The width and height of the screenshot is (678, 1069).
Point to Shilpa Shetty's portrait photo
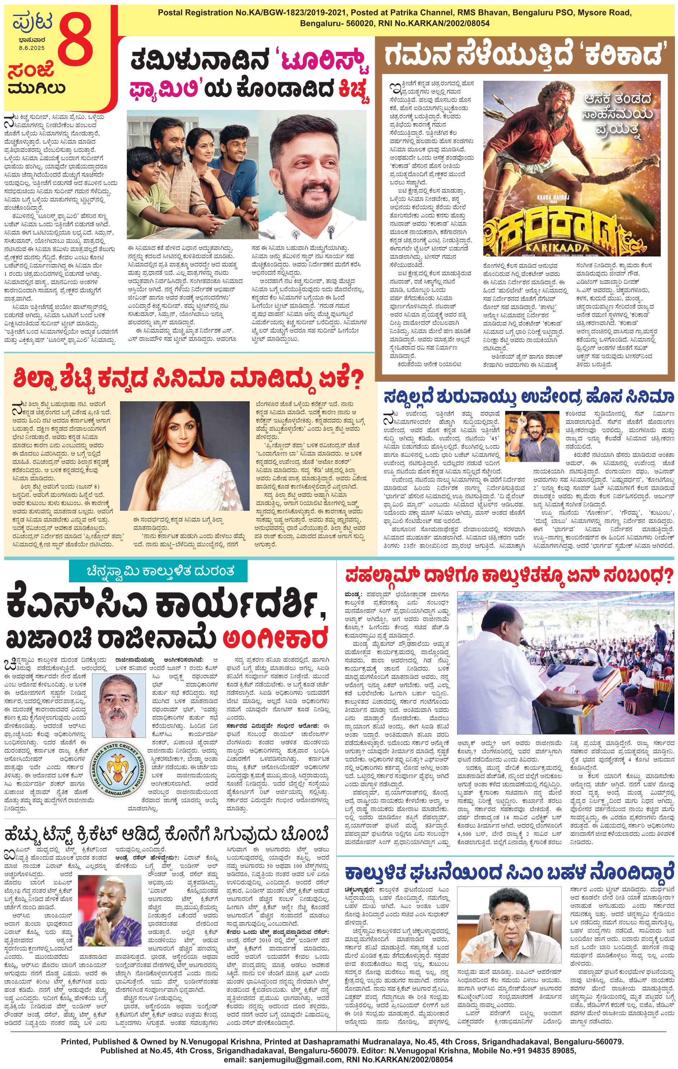[x=185, y=455]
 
